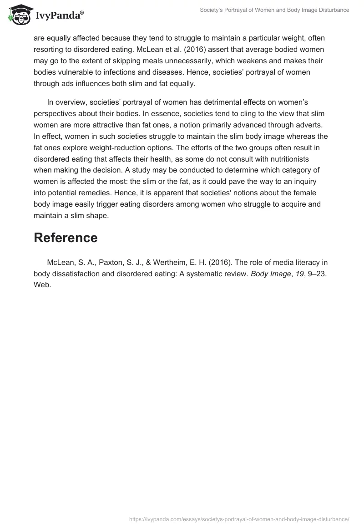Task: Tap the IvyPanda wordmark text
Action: (60, 17)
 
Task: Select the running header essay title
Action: (274, 10)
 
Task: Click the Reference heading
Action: (66, 238)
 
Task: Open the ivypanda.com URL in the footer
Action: (239, 519)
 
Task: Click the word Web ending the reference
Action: (42, 285)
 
